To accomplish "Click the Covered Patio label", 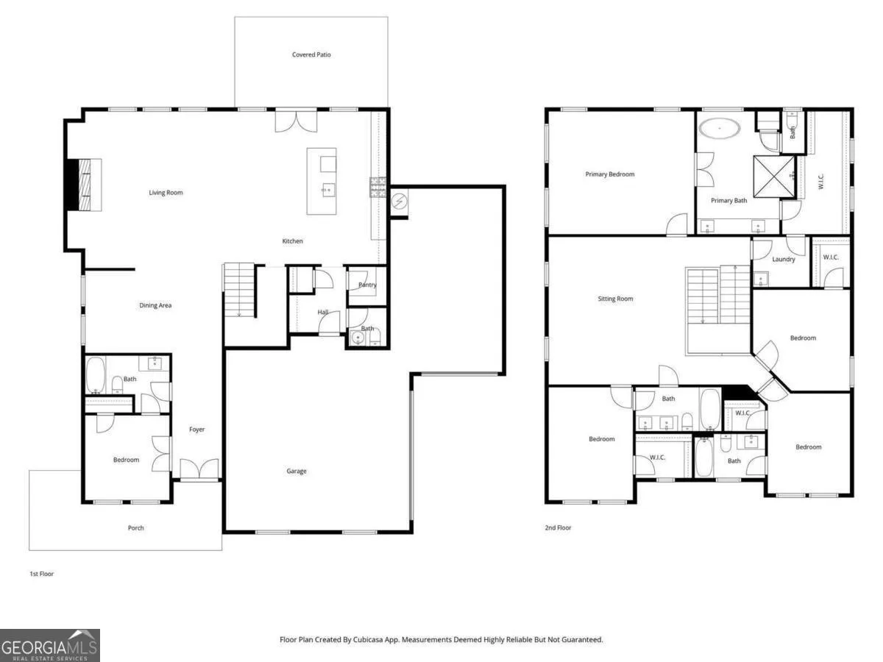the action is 311,54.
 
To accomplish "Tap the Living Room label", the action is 166,193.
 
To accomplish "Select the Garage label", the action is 297,471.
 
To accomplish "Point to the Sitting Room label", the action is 615,299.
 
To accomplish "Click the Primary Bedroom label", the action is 610,174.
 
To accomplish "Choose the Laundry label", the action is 783,259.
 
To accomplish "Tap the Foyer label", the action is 196,430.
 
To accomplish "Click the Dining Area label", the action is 155,305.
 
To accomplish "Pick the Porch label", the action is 135,527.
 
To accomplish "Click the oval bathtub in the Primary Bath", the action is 719,129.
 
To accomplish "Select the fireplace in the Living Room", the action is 84,185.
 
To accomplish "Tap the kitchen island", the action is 322,181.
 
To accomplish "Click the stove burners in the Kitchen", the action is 377,188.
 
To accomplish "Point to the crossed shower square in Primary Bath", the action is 774,177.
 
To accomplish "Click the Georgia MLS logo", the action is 50,645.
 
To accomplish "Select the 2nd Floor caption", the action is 558,527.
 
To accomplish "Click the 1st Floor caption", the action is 41,574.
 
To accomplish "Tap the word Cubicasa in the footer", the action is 368,639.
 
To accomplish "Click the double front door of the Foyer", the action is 199,469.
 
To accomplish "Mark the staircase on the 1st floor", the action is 239,290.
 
